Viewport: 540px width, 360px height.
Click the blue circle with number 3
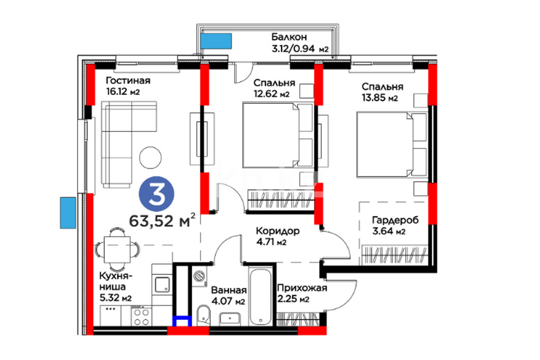point(156,194)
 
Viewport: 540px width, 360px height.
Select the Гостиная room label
point(128,81)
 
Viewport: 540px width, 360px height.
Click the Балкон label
point(289,37)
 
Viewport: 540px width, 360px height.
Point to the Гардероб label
point(395,220)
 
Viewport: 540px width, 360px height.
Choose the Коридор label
point(278,231)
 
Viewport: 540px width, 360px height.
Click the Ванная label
point(229,290)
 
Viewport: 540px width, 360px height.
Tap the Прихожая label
point(302,288)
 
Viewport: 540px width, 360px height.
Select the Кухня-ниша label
point(116,281)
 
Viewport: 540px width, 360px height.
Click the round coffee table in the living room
point(150,157)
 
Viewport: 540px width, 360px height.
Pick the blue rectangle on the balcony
point(216,41)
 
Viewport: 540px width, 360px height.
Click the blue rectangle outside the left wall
point(68,213)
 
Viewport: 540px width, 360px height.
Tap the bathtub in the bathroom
point(261,297)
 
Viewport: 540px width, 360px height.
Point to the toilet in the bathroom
point(204,315)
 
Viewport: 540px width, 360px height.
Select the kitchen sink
point(162,285)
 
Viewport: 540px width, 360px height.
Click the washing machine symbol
point(199,276)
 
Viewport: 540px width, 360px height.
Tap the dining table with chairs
point(117,249)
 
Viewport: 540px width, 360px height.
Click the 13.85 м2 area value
point(379,98)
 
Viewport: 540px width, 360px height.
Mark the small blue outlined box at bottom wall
point(182,321)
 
